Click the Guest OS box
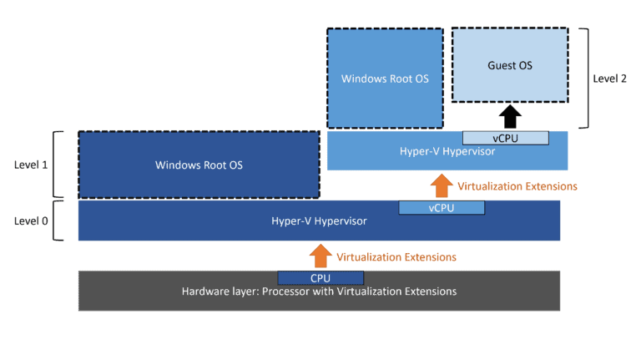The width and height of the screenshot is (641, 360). click(508, 65)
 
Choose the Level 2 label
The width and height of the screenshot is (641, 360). click(609, 79)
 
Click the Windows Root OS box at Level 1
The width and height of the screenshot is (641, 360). click(199, 165)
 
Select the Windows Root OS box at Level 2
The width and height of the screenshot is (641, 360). click(385, 79)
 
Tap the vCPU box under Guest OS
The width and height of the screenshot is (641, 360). click(505, 138)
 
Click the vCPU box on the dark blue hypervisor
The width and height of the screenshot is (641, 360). click(440, 207)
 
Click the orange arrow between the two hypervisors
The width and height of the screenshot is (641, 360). click(441, 185)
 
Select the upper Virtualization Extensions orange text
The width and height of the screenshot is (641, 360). click(517, 185)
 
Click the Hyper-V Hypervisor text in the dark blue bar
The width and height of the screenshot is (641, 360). click(319, 222)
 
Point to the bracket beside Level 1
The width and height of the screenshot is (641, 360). click(57, 165)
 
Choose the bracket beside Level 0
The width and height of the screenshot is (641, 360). click(57, 221)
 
